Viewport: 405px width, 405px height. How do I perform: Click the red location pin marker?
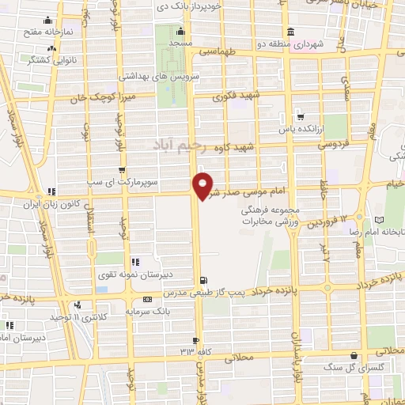pos(204,186)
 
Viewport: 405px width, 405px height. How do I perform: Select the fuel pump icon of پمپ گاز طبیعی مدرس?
pos(206,280)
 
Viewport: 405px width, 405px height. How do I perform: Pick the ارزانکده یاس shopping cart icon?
pos(297,112)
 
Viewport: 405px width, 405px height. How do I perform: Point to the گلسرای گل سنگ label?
pos(345,368)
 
